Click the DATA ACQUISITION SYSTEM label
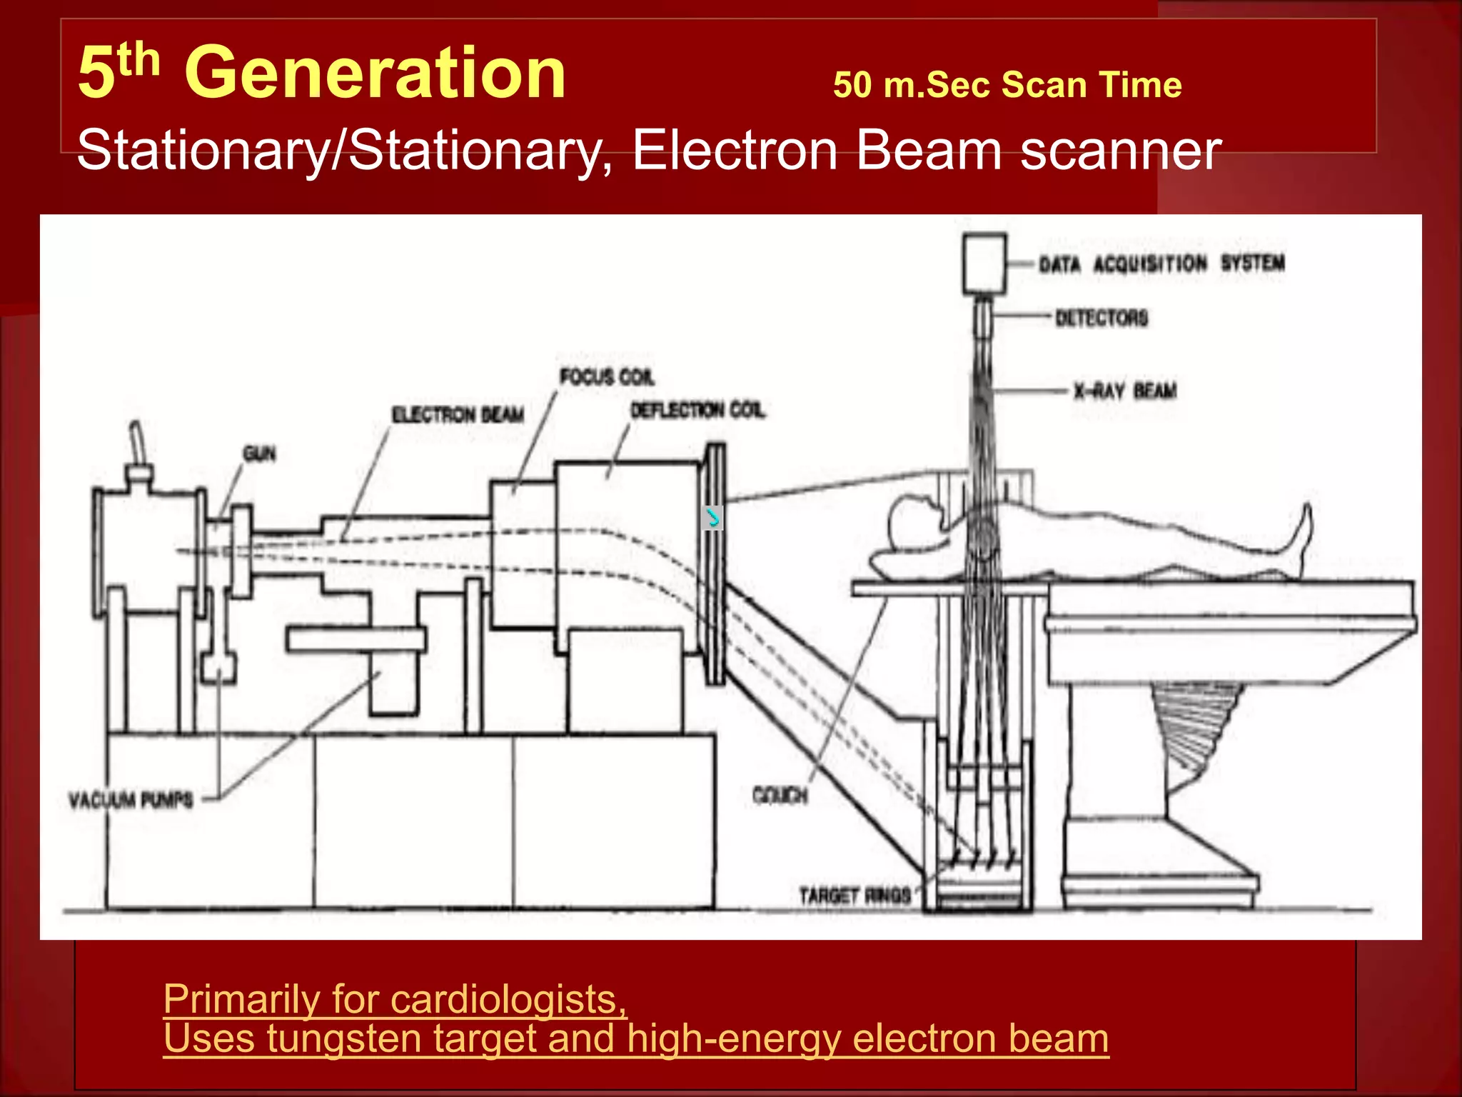coord(1161,264)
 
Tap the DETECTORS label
coord(1101,318)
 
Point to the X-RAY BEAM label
coord(1125,391)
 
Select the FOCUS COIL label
coord(607,376)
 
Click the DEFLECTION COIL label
coord(697,410)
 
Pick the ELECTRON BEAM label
coord(458,414)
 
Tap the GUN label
coord(259,453)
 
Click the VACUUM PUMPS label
coord(131,799)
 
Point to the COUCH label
coord(780,795)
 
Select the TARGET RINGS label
coord(855,895)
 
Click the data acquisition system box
coord(984,263)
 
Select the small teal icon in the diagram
coord(712,517)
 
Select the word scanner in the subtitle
coord(1121,151)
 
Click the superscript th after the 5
coord(139,59)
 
